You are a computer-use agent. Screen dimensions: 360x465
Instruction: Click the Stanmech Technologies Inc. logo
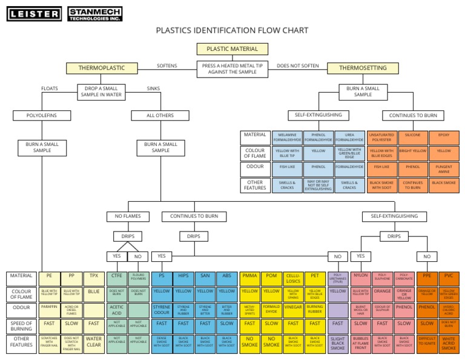tap(95, 13)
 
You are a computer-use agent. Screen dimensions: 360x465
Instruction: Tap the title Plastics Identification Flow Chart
tap(232, 30)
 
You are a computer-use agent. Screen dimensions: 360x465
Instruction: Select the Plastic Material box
tap(232, 49)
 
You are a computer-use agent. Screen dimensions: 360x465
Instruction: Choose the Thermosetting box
tap(363, 68)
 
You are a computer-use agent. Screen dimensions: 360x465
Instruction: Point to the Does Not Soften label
tap(297, 65)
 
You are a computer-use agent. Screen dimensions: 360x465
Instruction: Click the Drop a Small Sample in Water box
tap(102, 92)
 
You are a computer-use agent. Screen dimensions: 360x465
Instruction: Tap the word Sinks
tap(154, 88)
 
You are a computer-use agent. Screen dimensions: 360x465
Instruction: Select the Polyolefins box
tap(42, 115)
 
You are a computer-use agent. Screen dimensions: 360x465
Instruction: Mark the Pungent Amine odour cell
tap(444, 169)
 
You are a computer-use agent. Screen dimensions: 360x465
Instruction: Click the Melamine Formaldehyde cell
tap(287, 138)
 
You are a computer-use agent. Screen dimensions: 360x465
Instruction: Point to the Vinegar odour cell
tap(293, 308)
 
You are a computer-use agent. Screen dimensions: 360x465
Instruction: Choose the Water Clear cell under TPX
tap(94, 344)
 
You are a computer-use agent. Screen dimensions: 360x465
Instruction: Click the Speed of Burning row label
tap(20, 326)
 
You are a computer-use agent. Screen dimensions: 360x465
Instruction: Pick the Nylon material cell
tap(360, 276)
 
